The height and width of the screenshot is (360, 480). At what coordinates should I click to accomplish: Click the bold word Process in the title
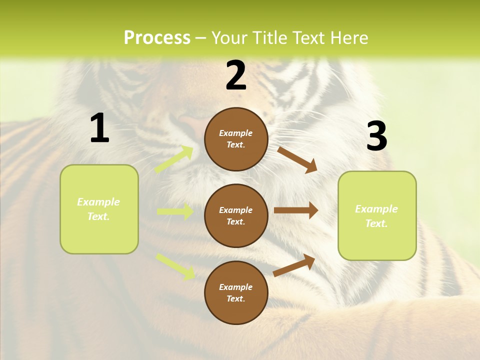point(157,38)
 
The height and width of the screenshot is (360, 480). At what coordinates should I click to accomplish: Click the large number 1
point(99,128)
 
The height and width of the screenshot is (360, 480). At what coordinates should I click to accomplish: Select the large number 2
point(236,75)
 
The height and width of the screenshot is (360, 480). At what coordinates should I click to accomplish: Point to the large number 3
point(376,136)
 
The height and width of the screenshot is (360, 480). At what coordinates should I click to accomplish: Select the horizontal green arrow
point(175,211)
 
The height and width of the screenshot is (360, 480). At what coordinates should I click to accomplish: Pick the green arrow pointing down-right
point(175,266)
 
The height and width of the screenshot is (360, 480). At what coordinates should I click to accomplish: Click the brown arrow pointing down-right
point(297,159)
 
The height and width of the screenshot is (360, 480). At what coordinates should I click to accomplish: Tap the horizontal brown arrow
point(295,210)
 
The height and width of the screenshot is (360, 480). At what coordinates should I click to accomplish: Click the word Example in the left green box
point(98,202)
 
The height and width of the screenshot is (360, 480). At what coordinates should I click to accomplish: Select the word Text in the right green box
point(376,223)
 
